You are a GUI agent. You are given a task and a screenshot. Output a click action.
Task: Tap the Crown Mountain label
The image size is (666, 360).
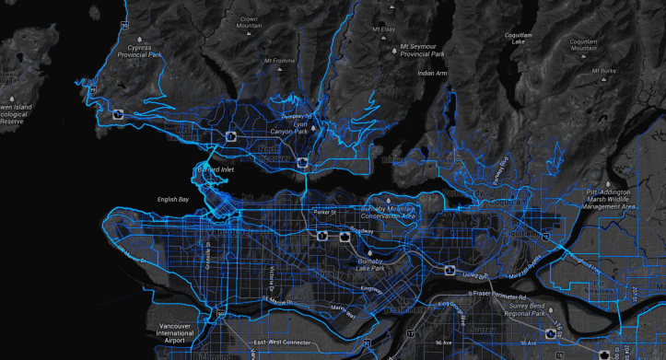[248, 23]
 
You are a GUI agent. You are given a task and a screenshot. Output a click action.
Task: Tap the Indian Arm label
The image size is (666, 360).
[432, 73]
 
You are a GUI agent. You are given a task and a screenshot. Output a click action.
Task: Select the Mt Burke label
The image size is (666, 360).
[604, 70]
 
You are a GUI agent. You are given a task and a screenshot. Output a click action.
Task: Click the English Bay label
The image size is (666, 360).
[172, 199]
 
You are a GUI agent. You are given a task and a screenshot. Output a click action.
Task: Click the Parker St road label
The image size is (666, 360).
[326, 213]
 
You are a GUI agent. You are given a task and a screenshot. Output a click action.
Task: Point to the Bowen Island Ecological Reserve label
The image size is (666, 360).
[16, 114]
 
